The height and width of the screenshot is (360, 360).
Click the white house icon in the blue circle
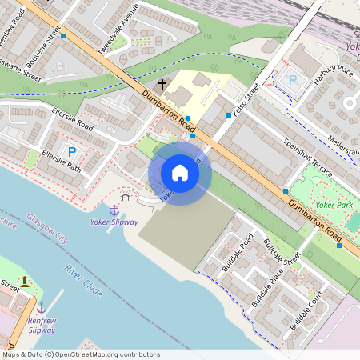180,173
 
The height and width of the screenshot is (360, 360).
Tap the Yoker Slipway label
114,222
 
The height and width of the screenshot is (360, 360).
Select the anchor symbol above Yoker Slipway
114,209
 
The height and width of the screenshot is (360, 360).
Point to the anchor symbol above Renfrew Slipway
41,307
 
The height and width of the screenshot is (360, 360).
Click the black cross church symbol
162,83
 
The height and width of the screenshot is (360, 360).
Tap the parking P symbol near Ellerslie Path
72,152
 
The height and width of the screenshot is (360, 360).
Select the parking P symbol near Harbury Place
292,80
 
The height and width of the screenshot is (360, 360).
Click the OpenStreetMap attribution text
80,354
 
